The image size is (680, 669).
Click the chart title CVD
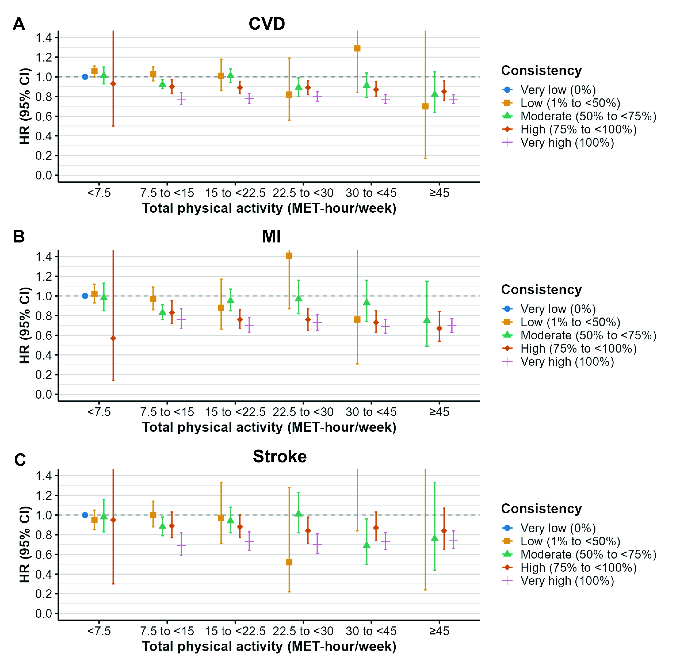tap(267, 24)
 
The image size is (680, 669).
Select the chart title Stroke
tap(280, 456)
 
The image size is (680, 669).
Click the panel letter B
tap(19, 236)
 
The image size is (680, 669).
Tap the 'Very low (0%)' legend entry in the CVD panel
tap(558, 90)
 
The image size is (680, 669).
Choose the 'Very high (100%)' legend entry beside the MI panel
tap(567, 362)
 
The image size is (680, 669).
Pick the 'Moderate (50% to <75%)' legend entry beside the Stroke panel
tap(588, 554)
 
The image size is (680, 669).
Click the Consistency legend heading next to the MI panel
tap(541, 290)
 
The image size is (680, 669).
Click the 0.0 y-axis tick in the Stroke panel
tap(44, 613)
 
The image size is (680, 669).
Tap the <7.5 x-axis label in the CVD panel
tap(99, 193)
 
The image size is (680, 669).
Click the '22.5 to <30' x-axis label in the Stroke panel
tap(303, 631)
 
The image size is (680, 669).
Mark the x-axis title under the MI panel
tap(269, 427)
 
